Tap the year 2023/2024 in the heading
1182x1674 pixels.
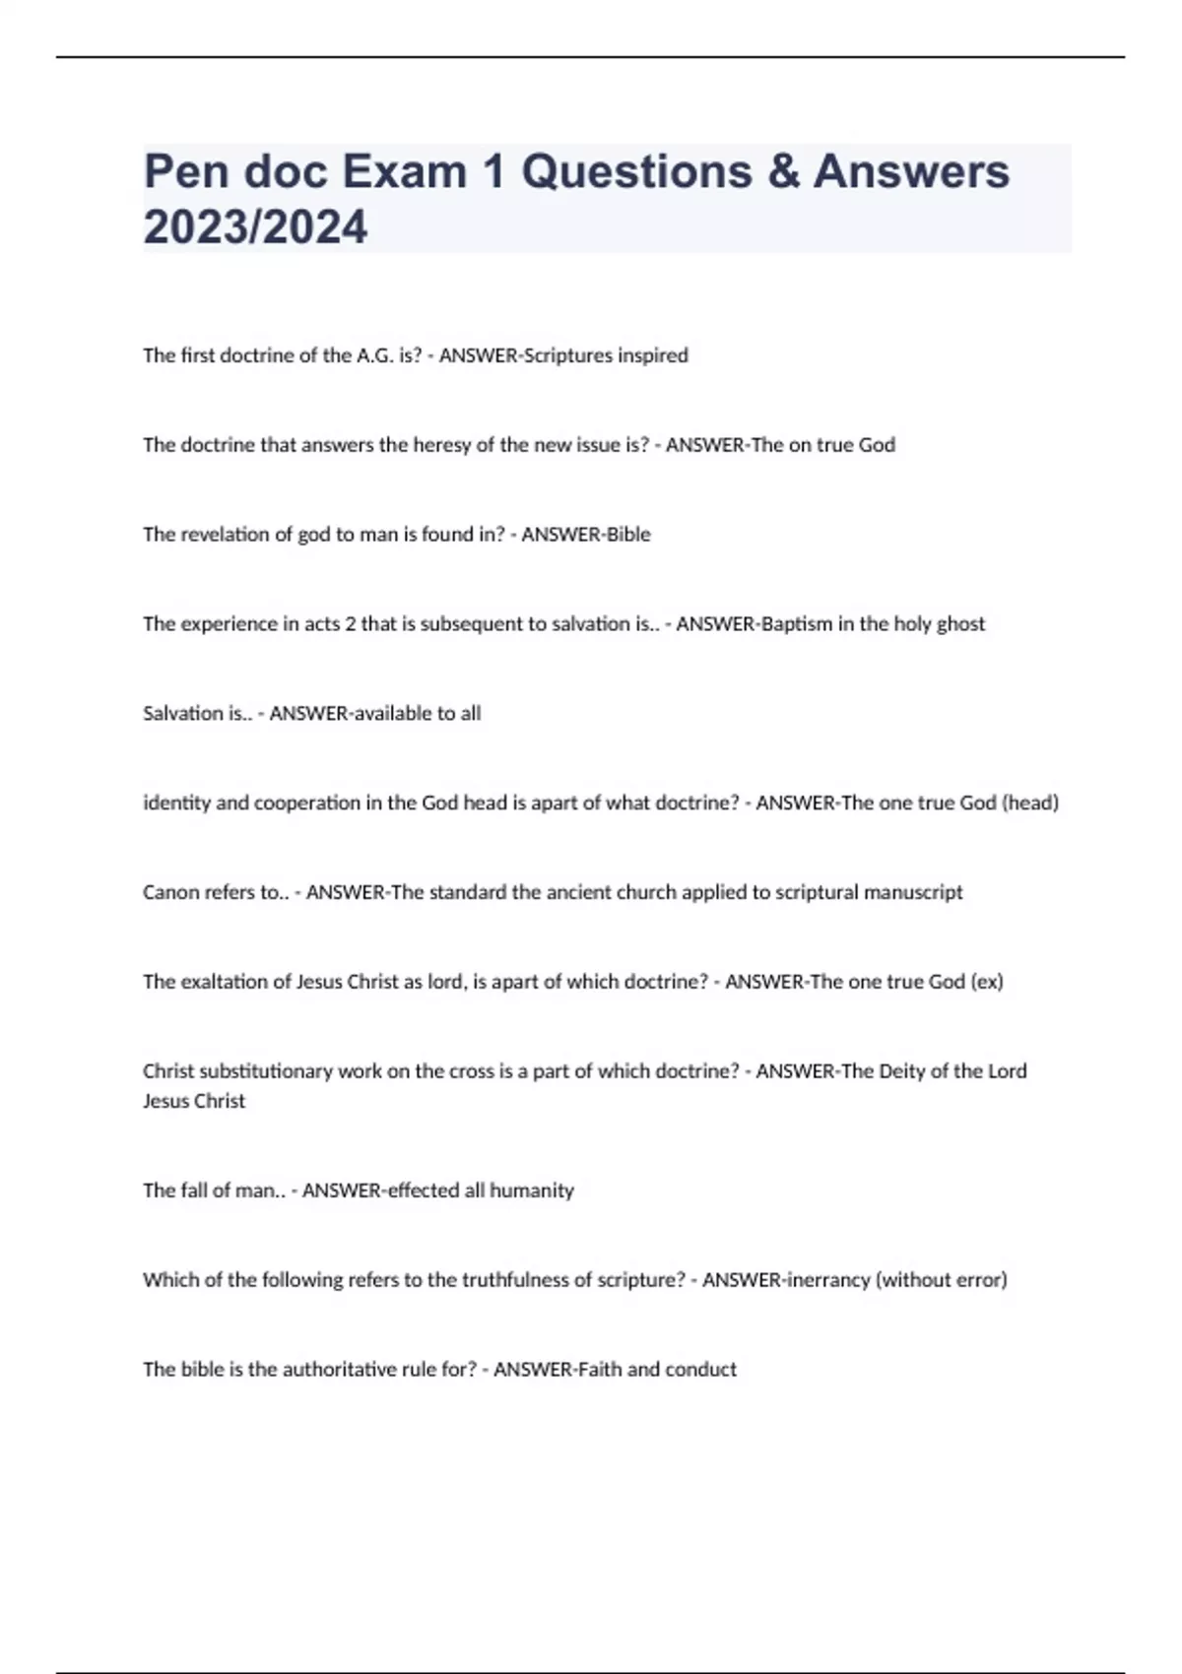[255, 227]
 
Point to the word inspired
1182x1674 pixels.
[652, 355]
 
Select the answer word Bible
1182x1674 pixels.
[627, 535]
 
